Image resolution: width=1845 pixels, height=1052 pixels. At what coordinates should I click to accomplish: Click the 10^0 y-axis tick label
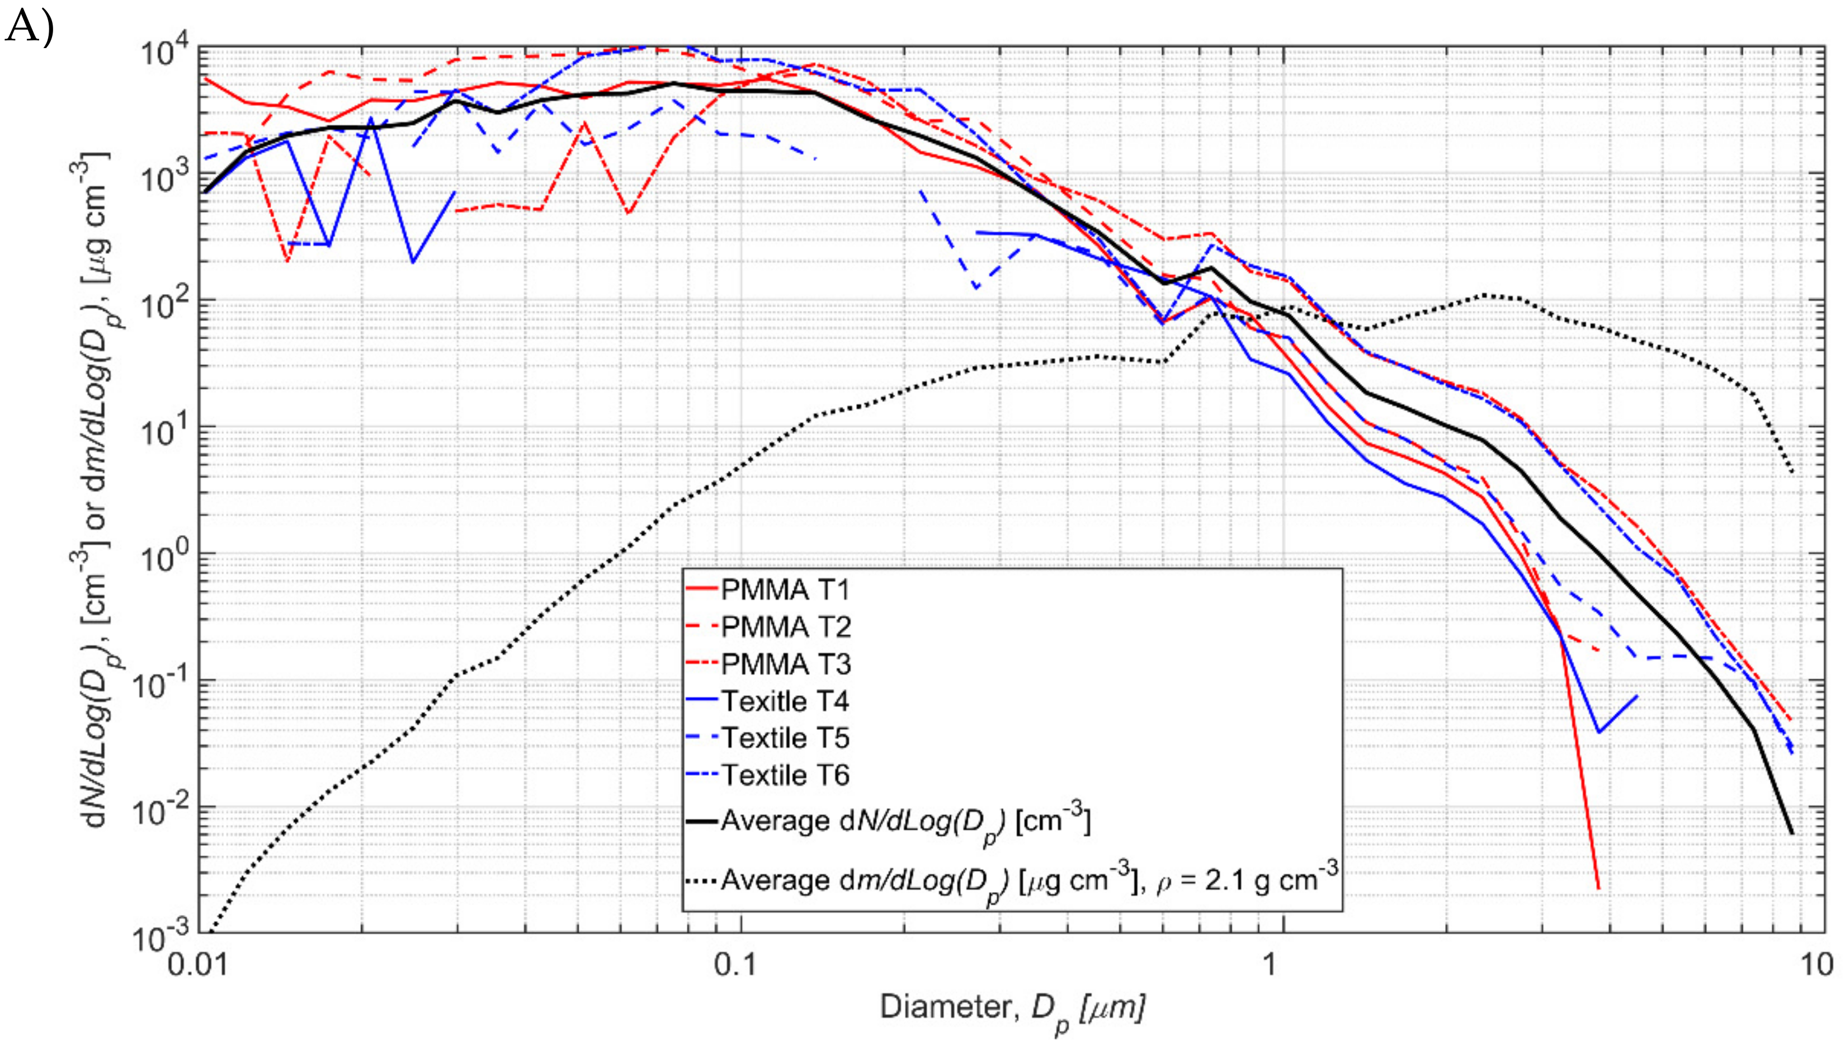163,559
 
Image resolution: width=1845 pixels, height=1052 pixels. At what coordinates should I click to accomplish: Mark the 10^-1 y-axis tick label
159,686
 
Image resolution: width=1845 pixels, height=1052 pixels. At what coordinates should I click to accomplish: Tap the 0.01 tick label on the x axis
198,965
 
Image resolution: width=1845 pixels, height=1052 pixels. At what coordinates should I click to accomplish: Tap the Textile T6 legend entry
785,775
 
